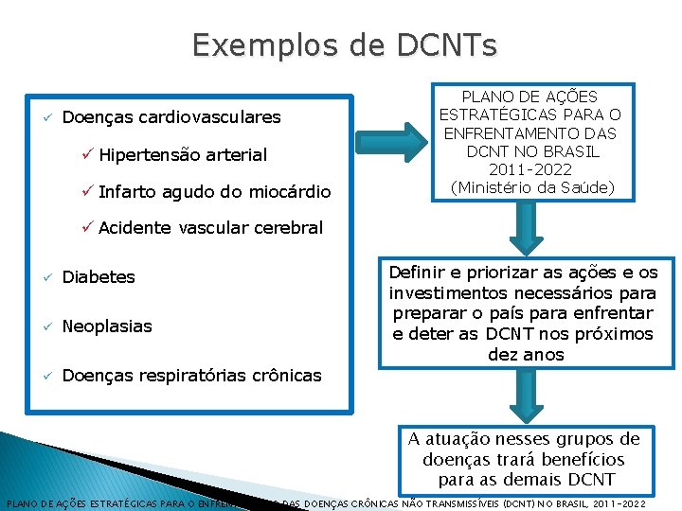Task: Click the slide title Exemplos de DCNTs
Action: [x=343, y=45]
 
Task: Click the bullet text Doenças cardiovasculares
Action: [x=170, y=117]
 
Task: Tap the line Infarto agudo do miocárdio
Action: [x=214, y=192]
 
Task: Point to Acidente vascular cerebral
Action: [x=210, y=228]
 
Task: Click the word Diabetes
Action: [x=99, y=277]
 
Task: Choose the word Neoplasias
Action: [x=106, y=326]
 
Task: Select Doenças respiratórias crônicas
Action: [x=191, y=376]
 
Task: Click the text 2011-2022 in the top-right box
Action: [x=530, y=169]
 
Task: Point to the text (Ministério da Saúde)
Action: [x=532, y=187]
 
